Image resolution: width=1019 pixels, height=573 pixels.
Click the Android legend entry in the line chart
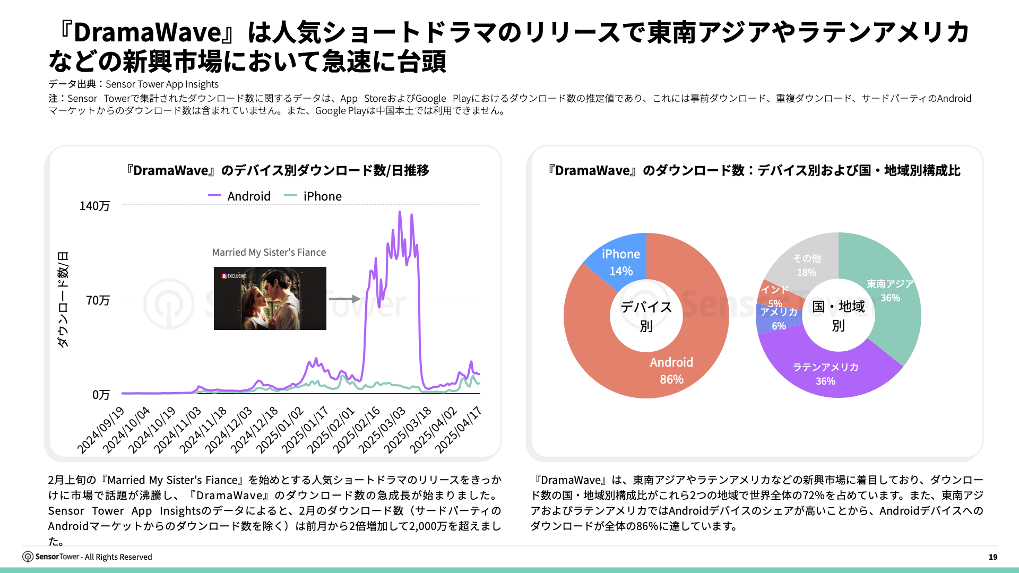240,196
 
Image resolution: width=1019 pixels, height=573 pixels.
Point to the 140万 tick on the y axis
94,206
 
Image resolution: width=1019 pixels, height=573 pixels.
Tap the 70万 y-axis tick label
98,300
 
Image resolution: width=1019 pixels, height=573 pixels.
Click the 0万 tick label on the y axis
101,395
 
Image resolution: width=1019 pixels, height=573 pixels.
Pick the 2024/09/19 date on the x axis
101,429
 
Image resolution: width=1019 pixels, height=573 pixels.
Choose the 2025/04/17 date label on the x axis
459,429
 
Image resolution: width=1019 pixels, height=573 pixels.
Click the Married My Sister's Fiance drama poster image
270,298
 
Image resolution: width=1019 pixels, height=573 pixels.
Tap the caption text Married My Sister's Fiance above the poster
269,253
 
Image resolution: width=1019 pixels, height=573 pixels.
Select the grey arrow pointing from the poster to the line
344,299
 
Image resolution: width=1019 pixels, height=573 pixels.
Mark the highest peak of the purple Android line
400,212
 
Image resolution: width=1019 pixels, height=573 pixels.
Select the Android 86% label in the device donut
671,370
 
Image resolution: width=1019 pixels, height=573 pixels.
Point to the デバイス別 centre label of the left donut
646,316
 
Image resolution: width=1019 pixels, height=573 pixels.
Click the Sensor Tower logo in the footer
28,557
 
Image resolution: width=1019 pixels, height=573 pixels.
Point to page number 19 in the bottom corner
992,557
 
